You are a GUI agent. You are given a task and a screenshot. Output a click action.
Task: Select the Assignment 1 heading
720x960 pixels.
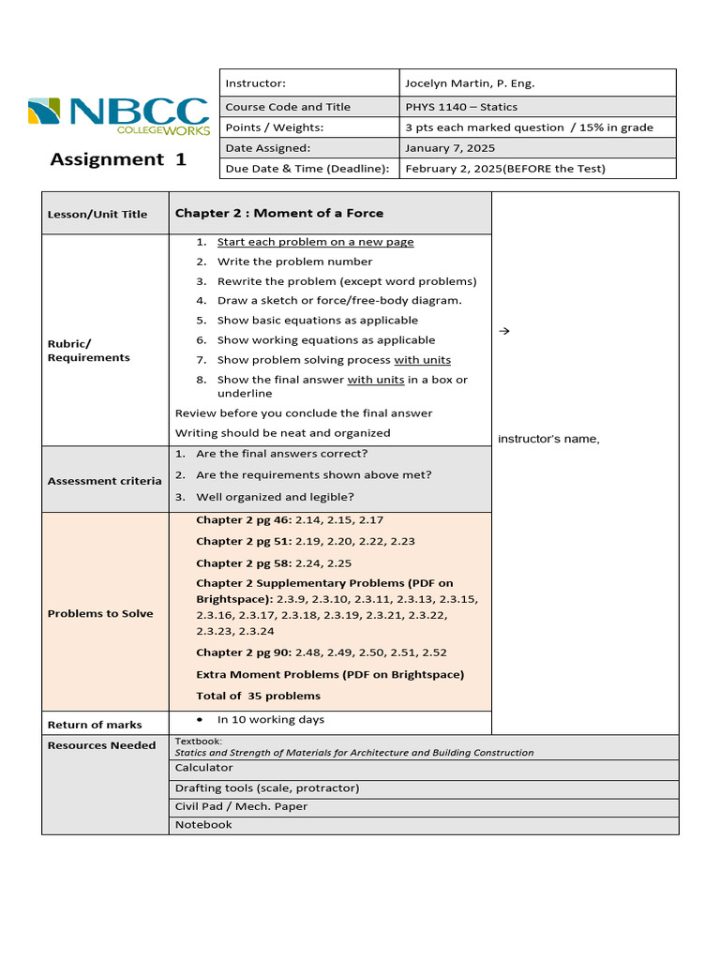click(118, 159)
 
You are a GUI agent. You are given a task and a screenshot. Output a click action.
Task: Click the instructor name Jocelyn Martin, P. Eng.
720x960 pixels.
click(469, 83)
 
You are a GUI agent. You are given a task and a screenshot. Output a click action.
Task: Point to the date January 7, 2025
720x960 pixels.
click(449, 148)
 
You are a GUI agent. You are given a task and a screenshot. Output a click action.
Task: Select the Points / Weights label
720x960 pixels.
click(274, 127)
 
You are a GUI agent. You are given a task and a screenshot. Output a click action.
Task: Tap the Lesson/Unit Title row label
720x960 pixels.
click(97, 214)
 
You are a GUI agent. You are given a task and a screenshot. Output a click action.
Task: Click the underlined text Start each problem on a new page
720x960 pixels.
click(315, 242)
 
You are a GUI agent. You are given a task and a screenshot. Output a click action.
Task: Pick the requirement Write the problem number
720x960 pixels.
click(294, 262)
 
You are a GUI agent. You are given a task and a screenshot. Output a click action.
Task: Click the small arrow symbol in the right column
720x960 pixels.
click(502, 331)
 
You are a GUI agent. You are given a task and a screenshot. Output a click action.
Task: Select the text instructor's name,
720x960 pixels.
click(548, 439)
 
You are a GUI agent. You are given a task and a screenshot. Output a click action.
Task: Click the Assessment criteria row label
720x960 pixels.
click(104, 481)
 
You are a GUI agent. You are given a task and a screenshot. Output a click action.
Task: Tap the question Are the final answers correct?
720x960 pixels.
click(281, 454)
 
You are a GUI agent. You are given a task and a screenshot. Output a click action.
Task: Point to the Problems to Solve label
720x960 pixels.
click(100, 614)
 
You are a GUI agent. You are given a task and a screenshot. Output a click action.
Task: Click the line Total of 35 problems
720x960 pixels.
click(258, 696)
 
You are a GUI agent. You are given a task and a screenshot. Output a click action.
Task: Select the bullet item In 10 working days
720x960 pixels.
click(270, 719)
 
